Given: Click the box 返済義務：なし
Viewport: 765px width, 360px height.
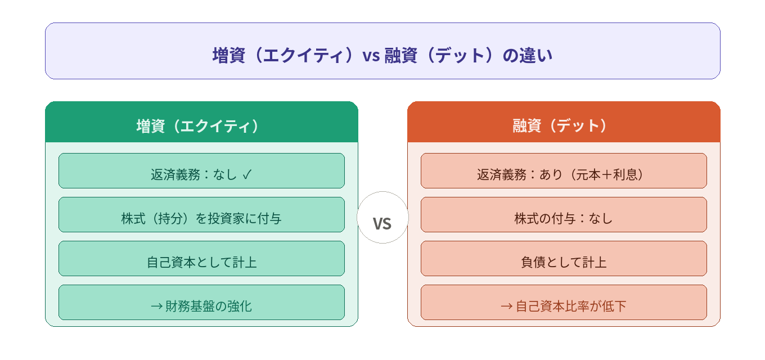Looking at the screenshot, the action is point(201,171).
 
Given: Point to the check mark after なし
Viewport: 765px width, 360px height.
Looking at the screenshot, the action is point(247,174).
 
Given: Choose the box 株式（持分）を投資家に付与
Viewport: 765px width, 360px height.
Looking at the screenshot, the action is point(201,214).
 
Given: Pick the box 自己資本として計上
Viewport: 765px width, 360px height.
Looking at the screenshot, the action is point(201,259).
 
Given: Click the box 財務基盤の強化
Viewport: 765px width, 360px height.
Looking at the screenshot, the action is point(201,302).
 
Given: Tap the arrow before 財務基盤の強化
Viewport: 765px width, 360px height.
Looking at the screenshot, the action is point(157,306).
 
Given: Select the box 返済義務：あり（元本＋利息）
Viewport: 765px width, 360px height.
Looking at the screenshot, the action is point(564,171).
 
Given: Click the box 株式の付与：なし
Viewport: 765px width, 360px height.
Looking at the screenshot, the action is point(564,214).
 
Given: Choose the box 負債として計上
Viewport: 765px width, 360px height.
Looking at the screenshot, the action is point(564,259).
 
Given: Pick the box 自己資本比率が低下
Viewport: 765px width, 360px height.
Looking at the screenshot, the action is point(564,302).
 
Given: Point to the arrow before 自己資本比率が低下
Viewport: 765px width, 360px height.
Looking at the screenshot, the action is point(507,306).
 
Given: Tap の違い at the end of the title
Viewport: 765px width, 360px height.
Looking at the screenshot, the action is point(527,55).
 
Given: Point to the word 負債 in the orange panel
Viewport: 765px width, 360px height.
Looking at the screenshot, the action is point(533,262).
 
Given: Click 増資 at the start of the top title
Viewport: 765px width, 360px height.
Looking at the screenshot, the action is point(229,55).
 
